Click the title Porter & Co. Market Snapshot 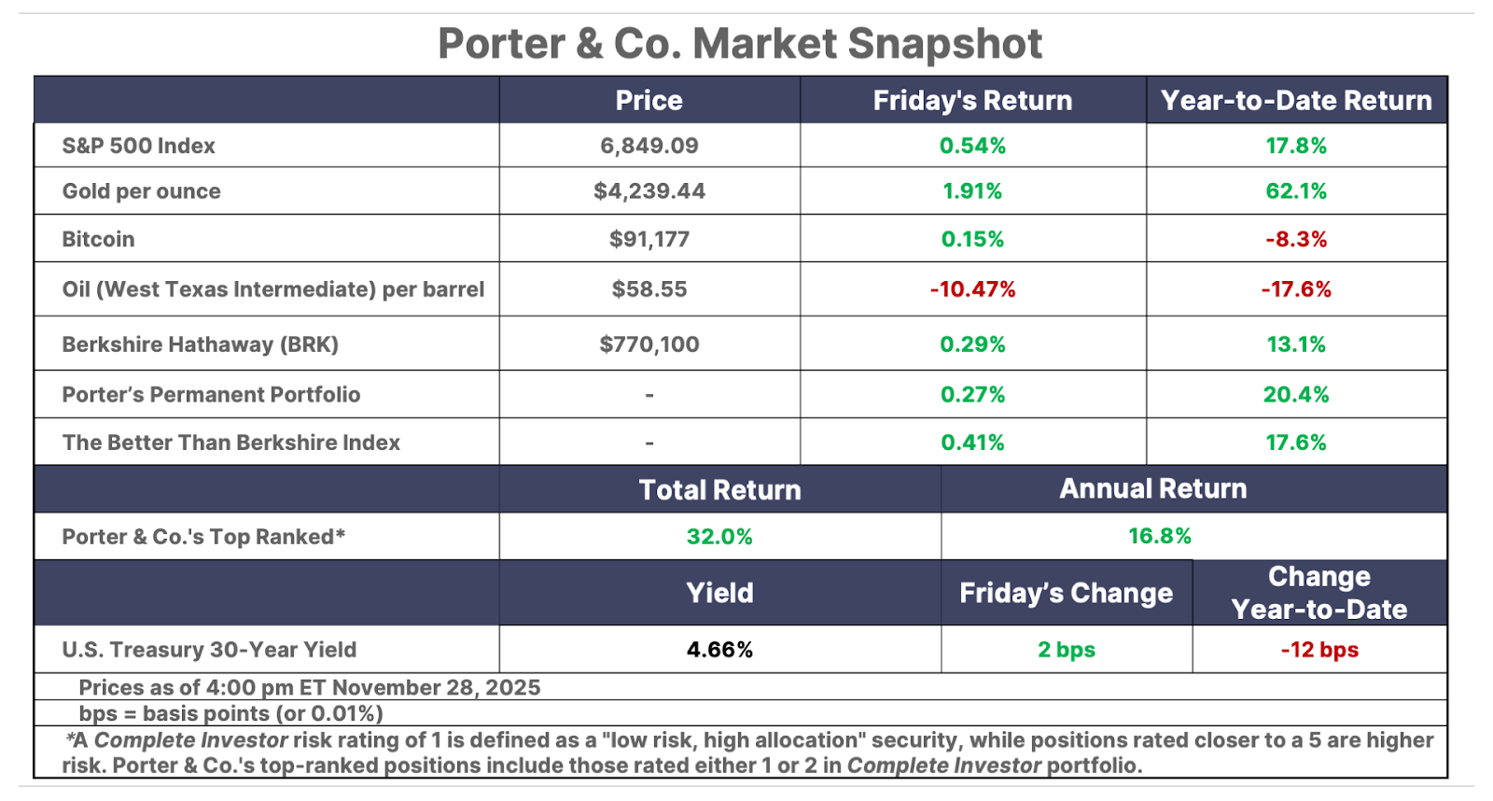tap(740, 44)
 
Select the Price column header tap(649, 101)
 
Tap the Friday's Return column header tap(972, 101)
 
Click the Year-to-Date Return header tap(1296, 101)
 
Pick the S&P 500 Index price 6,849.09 tap(649, 146)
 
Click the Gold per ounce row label tap(142, 191)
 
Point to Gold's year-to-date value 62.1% tap(1296, 191)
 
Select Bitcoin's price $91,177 tap(649, 239)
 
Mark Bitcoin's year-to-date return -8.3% tap(1296, 239)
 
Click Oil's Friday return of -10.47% tap(972, 289)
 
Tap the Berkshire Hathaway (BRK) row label tap(200, 344)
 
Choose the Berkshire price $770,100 tap(649, 344)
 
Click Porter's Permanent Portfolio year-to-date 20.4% tap(1296, 395)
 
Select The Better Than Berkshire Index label tap(230, 443)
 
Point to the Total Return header tap(719, 490)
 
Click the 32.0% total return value tap(719, 537)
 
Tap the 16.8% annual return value tap(1160, 536)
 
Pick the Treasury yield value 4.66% tap(719, 650)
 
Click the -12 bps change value tap(1319, 650)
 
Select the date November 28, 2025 tap(437, 688)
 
